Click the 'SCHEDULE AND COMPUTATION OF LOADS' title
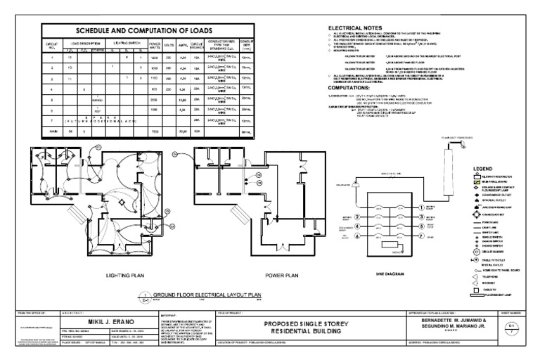click(x=148, y=31)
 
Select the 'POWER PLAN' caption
click(x=282, y=276)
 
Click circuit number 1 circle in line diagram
click(x=356, y=208)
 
